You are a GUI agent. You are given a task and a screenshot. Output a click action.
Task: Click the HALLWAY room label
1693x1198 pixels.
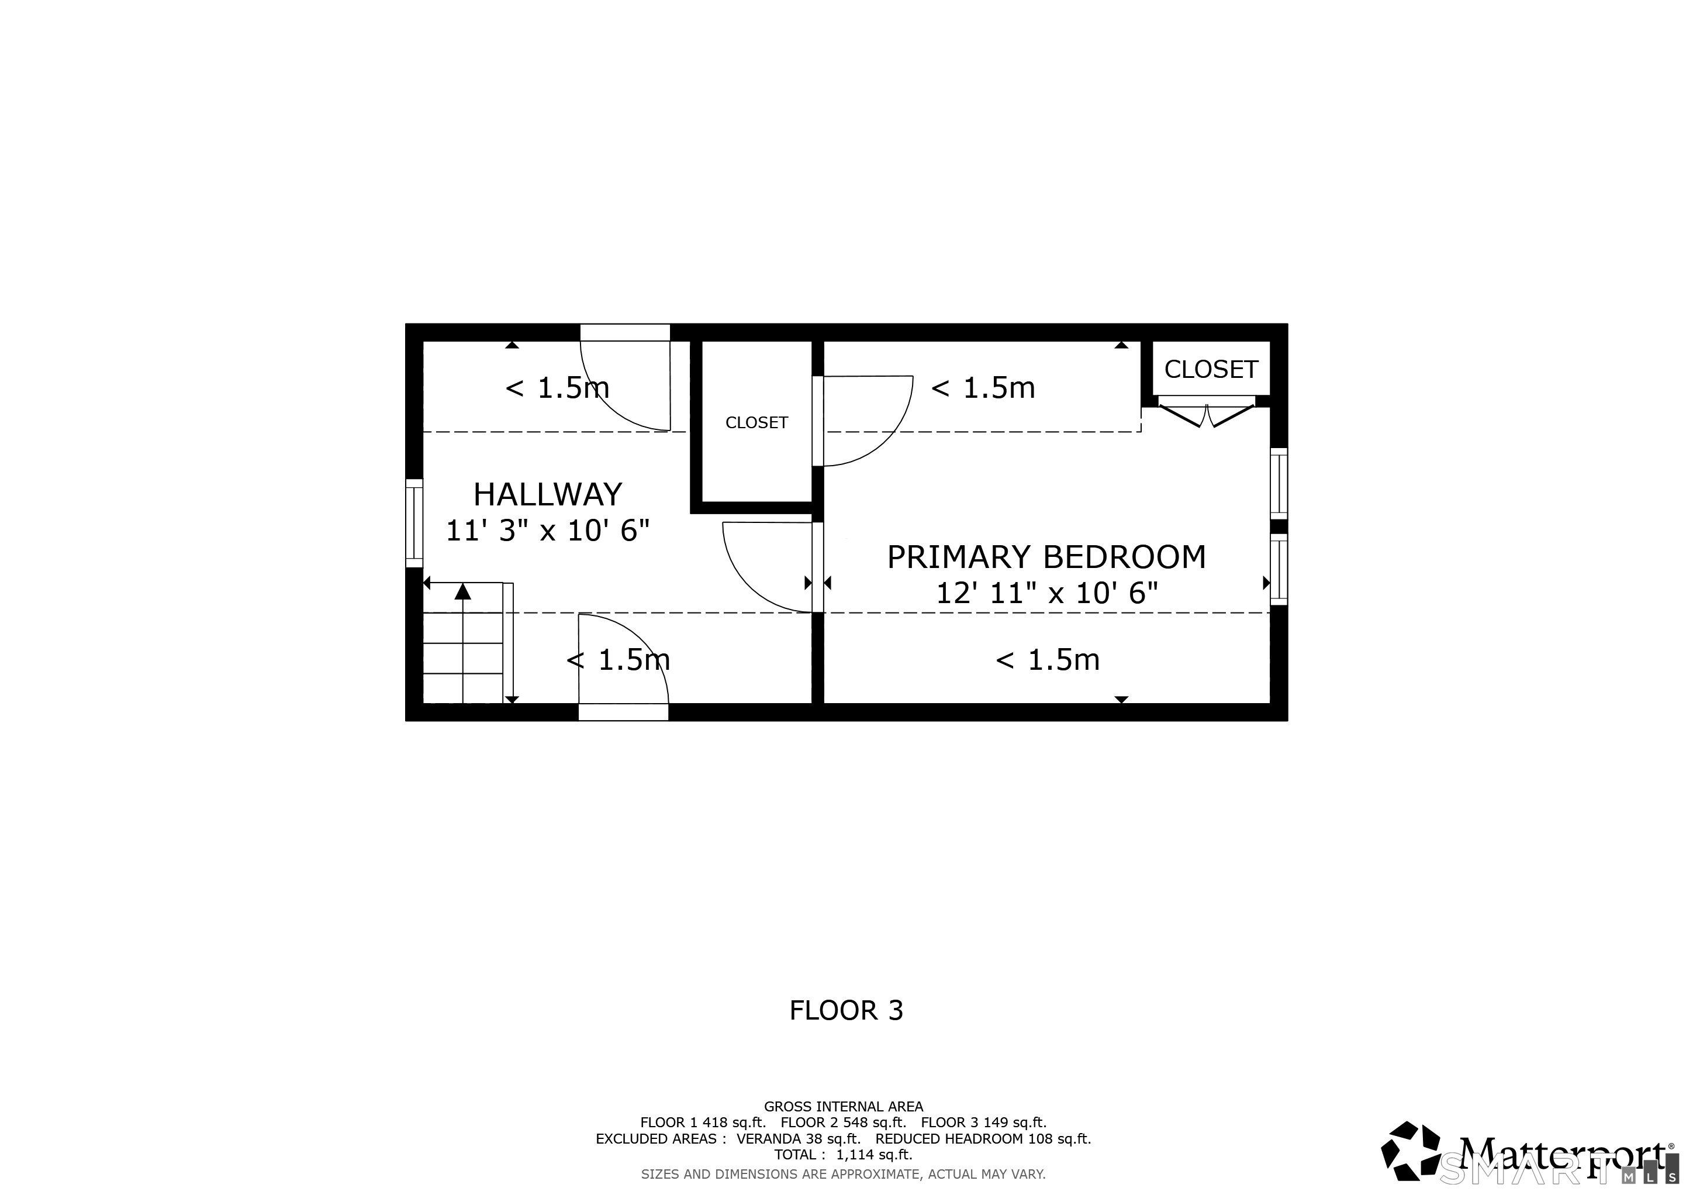(x=547, y=494)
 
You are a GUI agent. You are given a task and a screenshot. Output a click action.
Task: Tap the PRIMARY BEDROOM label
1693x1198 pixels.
(x=1046, y=557)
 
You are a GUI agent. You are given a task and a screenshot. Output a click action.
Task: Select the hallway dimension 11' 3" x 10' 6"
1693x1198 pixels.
(x=547, y=531)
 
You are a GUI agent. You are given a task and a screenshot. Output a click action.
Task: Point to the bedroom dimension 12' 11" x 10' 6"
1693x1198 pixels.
(x=1046, y=593)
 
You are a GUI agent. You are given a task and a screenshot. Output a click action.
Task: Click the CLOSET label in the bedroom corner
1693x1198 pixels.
(x=1211, y=370)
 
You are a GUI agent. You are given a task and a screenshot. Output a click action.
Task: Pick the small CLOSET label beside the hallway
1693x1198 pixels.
(x=756, y=423)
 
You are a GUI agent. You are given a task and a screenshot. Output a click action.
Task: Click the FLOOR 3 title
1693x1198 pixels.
(x=846, y=1011)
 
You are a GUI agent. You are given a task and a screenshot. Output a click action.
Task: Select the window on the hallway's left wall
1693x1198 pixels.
(x=414, y=523)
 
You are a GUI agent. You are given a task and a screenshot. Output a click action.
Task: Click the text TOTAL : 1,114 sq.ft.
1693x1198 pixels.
(x=843, y=1155)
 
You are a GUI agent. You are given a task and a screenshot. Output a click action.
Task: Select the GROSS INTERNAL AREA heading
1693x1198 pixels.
(x=843, y=1107)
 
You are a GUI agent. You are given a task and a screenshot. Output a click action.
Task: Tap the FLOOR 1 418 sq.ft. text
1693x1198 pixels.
(x=703, y=1123)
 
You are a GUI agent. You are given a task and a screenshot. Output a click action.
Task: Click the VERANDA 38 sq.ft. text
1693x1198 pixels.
(x=799, y=1138)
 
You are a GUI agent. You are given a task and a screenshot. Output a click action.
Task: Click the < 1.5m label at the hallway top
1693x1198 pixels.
(x=557, y=388)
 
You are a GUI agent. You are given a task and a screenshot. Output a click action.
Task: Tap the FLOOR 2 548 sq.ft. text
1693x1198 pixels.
(x=843, y=1123)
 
